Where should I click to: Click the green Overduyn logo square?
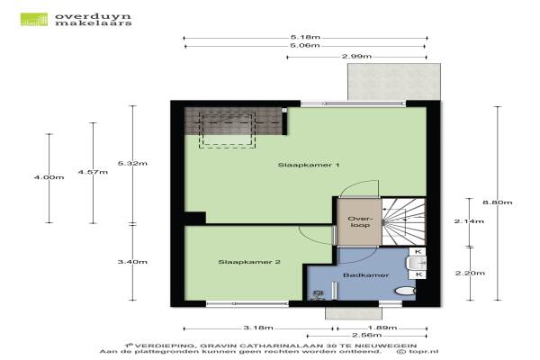pos(34,19)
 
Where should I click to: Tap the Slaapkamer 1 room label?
pos(308,165)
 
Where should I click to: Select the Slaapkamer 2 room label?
pos(249,262)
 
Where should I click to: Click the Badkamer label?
pos(365,275)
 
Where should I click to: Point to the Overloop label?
pos(360,222)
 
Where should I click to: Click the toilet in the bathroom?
pos(405,291)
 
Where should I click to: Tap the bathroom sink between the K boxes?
pos(416,263)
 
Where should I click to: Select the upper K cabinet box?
pos(418,251)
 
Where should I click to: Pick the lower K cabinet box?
pos(418,274)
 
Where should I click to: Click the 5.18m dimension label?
pos(305,37)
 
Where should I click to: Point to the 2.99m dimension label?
pos(356,56)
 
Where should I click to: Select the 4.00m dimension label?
pos(49,177)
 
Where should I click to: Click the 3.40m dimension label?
pos(132,262)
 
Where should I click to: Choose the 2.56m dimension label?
pos(367,335)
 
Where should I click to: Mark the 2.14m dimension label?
pos(469,221)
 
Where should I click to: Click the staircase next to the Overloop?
pos(403,221)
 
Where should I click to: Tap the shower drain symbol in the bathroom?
pos(318,294)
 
